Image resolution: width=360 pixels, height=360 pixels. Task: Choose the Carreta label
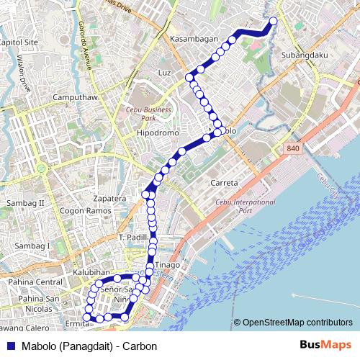point(224,183)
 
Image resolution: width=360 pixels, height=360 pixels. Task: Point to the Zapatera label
point(110,197)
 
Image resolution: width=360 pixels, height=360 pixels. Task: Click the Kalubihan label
point(91,273)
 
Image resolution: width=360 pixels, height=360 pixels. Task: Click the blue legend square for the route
point(9,346)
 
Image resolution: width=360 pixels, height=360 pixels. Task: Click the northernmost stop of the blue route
point(273,20)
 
